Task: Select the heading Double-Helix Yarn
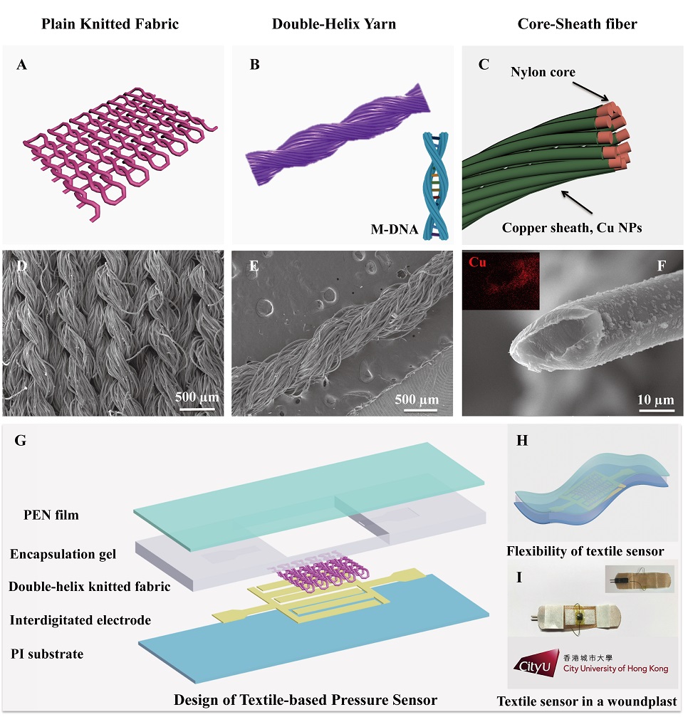pos(334,24)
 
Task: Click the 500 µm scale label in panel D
pos(197,397)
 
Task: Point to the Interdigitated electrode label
pos(80,620)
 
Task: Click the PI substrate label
pos(46,654)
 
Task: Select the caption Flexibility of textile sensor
pos(585,550)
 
